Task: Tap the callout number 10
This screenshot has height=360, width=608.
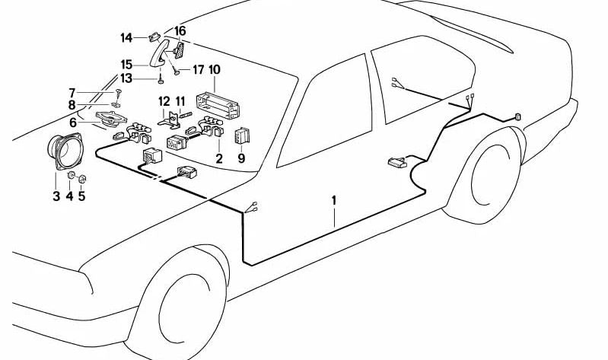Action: click(x=215, y=70)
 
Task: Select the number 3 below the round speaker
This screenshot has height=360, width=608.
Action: click(x=56, y=197)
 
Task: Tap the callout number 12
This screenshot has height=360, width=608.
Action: click(x=164, y=101)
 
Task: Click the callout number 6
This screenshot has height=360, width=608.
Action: click(x=73, y=122)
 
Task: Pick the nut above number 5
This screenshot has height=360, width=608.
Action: click(x=83, y=180)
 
